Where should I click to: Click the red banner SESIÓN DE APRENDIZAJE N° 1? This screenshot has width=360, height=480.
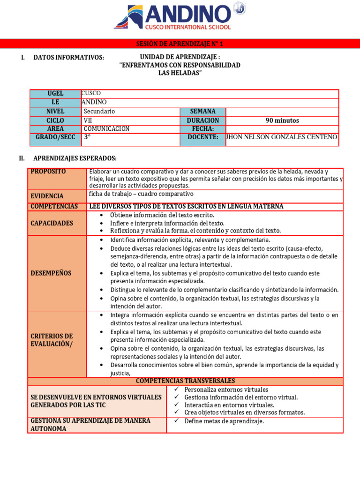pos(180,44)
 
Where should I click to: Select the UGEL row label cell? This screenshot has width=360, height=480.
pos(55,93)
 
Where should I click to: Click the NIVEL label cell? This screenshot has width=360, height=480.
pos(55,112)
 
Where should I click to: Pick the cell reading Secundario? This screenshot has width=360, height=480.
pos(99,112)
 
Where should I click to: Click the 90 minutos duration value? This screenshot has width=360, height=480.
pos(282,120)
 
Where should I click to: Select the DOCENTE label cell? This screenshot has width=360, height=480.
pos(202,137)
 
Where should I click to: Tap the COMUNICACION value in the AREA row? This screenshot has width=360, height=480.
pos(106,128)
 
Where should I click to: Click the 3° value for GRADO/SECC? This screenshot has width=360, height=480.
pos(87,137)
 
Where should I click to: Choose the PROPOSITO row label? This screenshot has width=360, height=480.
pos(48,172)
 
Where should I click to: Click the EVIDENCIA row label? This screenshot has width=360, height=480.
pos(47,196)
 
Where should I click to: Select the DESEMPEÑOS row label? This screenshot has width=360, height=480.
pos(51,273)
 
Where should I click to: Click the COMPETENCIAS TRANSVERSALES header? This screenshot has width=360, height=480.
pos(185,381)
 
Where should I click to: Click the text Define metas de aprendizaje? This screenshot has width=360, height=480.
pos(224,421)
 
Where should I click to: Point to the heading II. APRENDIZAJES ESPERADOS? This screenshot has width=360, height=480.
pos(75,158)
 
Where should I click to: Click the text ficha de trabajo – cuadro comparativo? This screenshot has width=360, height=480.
pos(141,194)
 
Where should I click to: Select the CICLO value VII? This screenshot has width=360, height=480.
pos(88,120)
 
